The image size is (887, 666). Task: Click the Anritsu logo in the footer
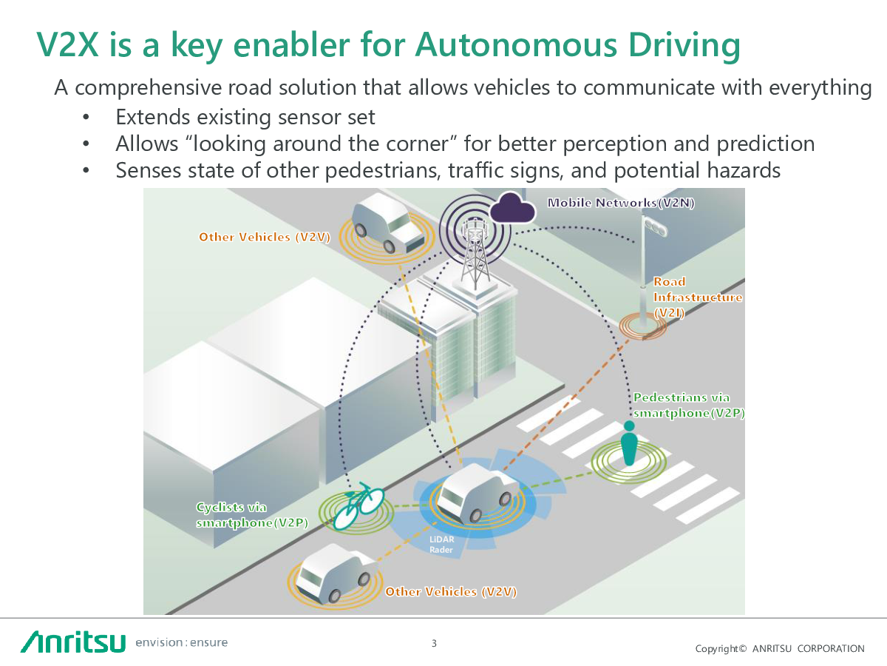coord(73,641)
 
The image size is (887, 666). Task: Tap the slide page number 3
coord(434,643)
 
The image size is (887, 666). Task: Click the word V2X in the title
coord(69,46)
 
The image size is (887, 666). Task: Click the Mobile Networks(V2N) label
coord(620,203)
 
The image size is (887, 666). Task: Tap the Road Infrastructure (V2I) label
coord(697,297)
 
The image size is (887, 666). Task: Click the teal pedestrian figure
coord(629,444)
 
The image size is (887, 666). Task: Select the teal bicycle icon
coord(359,506)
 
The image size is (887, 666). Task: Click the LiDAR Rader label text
coord(442,545)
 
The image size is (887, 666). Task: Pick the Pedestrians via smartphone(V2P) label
coord(688,406)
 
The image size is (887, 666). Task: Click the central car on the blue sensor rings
coord(473,492)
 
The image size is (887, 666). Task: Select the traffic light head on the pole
coord(655,227)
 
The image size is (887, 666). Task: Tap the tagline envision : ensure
coord(182,642)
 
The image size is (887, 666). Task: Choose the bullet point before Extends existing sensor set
coord(86,117)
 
